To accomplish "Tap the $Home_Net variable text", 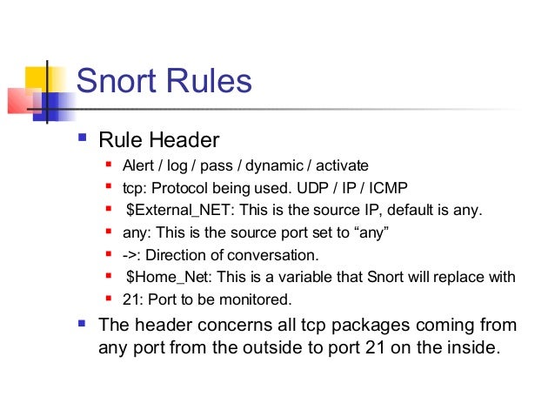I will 171,278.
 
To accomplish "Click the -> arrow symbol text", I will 131,255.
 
